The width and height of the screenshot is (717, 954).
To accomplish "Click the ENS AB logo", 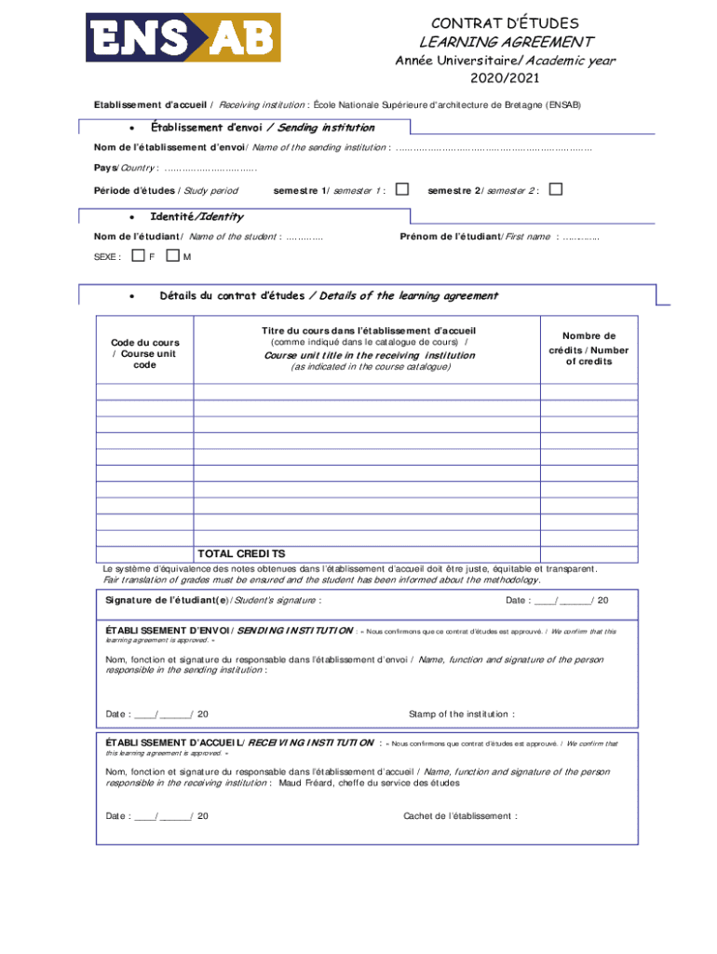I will tap(183, 37).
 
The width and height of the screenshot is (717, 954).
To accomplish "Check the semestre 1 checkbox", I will tap(402, 190).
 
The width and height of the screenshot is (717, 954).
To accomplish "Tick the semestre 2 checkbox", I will tap(556, 190).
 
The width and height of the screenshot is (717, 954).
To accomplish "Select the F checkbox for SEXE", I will tap(138, 255).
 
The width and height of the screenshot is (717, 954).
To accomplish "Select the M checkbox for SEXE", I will tap(172, 255).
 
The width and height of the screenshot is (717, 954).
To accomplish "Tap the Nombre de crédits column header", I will tap(588, 348).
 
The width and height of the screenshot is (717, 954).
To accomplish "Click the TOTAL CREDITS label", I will tap(241, 553).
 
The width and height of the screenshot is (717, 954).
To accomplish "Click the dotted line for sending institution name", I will tap(494, 147).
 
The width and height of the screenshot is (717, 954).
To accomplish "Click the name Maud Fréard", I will tap(308, 784).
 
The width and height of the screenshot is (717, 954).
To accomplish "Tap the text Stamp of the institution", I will tap(461, 715).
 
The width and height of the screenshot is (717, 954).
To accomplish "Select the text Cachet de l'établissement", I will tap(460, 816).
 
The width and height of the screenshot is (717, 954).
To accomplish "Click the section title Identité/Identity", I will tap(196, 217).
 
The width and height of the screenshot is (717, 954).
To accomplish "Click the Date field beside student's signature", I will tap(556, 600).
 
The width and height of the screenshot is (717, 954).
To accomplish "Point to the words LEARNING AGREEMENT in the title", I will tap(506, 42).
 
